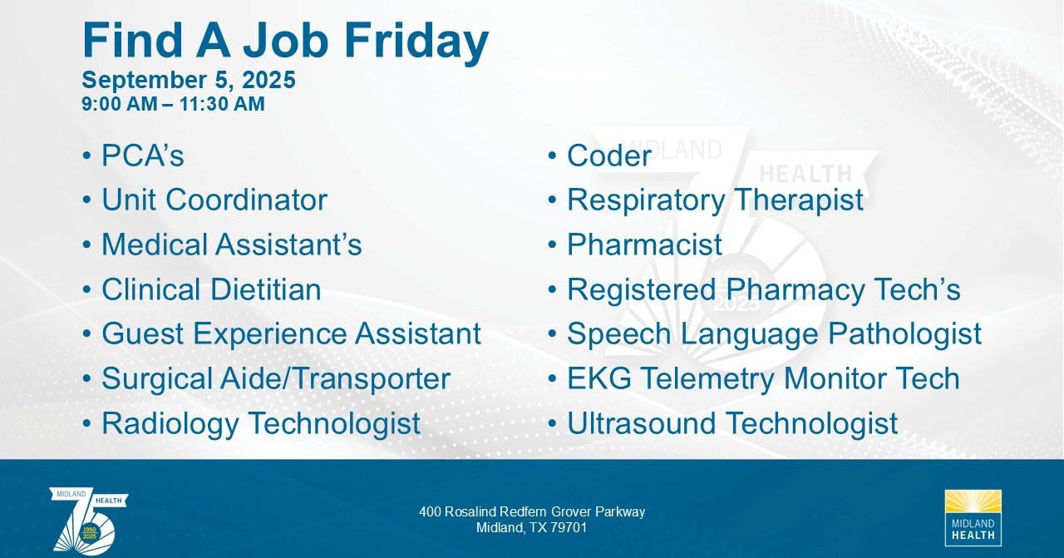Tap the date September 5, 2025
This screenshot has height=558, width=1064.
[x=189, y=80]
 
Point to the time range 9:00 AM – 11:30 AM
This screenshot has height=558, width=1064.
[x=173, y=104]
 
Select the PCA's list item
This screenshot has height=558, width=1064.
[x=142, y=156]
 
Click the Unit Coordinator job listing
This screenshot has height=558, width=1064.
[x=214, y=200]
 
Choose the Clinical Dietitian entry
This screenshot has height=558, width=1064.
[x=211, y=289]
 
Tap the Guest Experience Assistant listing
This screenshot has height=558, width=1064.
[x=291, y=333]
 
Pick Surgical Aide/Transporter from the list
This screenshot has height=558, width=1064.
[x=276, y=379]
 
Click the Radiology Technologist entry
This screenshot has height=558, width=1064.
[x=261, y=423]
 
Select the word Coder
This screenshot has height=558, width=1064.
[x=609, y=156]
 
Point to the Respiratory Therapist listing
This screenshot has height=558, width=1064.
[x=715, y=200]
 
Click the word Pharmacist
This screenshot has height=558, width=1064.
[x=644, y=244]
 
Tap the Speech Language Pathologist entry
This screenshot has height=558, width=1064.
[x=774, y=334]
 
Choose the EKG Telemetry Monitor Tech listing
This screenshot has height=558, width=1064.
[x=763, y=378]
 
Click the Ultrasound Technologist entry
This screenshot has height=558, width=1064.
[x=732, y=423]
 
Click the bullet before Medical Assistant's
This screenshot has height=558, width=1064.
[x=86, y=244]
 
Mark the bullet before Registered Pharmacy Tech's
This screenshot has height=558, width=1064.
[x=552, y=289]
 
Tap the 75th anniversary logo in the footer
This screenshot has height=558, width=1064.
[x=88, y=519]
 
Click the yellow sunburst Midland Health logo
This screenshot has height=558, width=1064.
[x=973, y=517]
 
